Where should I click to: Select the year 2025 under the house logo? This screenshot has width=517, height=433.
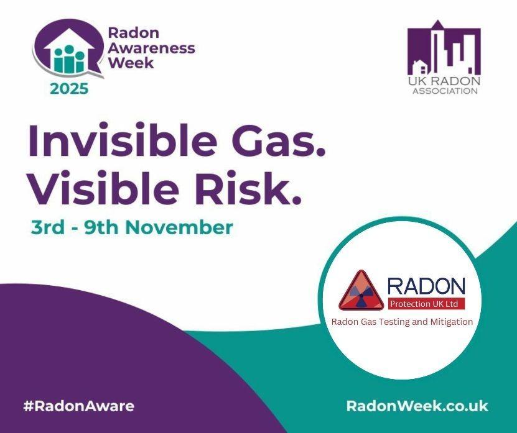69,88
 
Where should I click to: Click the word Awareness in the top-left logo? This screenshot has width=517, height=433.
151,48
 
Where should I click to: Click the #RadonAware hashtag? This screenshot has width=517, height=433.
78,406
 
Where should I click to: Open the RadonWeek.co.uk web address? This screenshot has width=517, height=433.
417,406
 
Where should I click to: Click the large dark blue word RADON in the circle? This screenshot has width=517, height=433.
426,286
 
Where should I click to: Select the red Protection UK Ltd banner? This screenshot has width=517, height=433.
426,304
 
